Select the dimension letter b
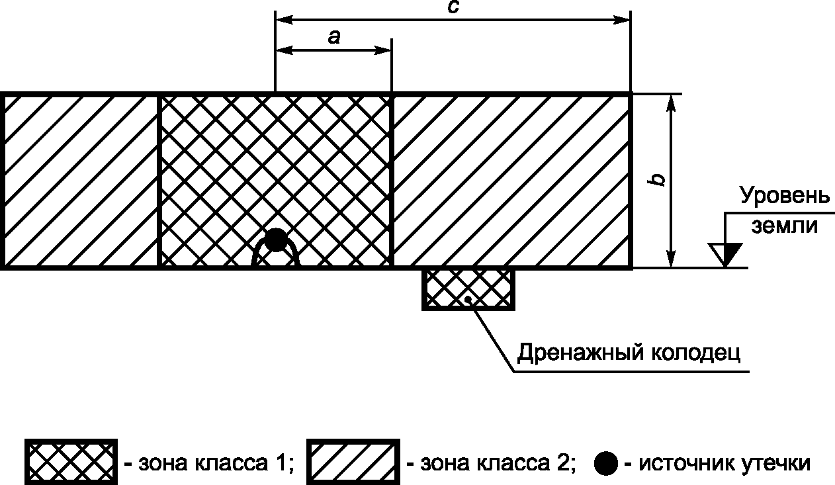point(658,179)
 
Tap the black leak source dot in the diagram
point(275,240)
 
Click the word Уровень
point(784,197)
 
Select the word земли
point(784,226)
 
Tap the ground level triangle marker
point(725,253)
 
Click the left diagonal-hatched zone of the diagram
point(81,181)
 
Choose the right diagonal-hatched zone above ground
point(511,181)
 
